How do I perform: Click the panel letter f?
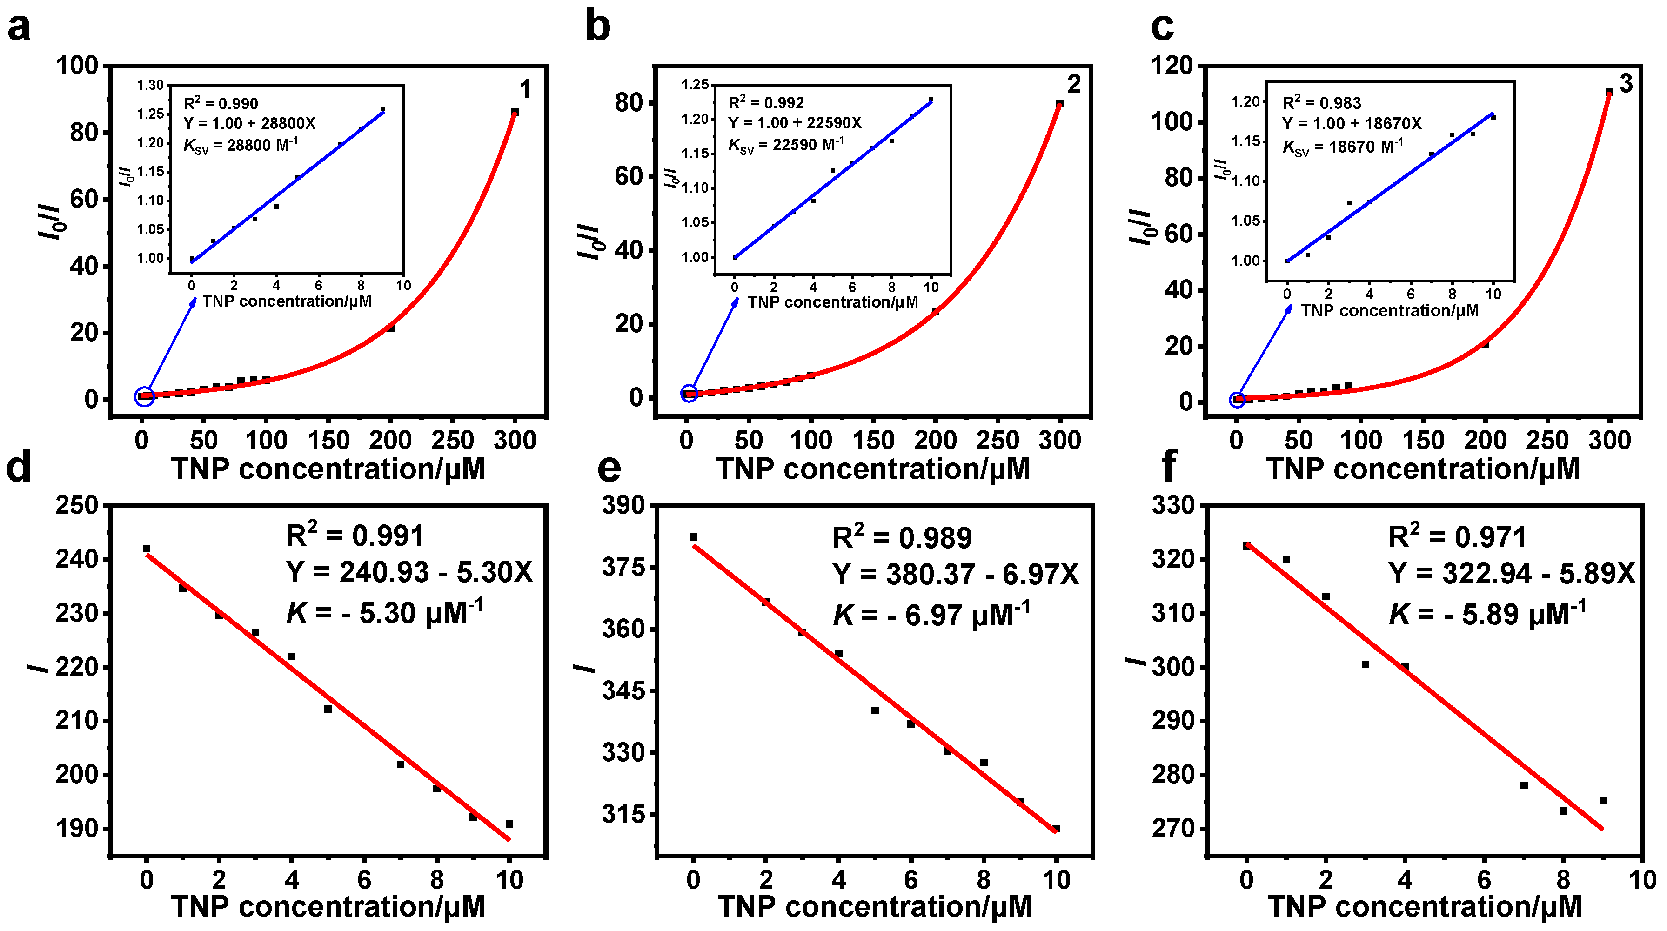pyautogui.click(x=1169, y=467)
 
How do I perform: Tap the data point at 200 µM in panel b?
pyautogui.click(x=935, y=312)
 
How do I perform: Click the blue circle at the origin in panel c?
pyautogui.click(x=1237, y=400)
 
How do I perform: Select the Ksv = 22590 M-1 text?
pyautogui.click(x=786, y=145)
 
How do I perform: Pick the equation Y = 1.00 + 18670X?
pyautogui.click(x=1352, y=124)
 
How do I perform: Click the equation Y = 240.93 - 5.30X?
pyautogui.click(x=409, y=572)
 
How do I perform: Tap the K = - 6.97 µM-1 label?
pyautogui.click(x=931, y=615)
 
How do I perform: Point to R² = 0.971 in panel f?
pyautogui.click(x=1457, y=537)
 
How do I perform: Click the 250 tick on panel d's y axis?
pyautogui.click(x=76, y=505)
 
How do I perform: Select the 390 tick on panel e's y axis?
pyautogui.click(x=623, y=505)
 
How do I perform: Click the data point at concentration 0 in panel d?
pyautogui.click(x=146, y=549)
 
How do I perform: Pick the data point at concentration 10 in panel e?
pyautogui.click(x=1056, y=828)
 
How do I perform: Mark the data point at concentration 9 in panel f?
pyautogui.click(x=1603, y=800)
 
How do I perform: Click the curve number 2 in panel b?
pyautogui.click(x=1074, y=85)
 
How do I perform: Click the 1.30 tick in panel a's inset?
pyautogui.click(x=150, y=86)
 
